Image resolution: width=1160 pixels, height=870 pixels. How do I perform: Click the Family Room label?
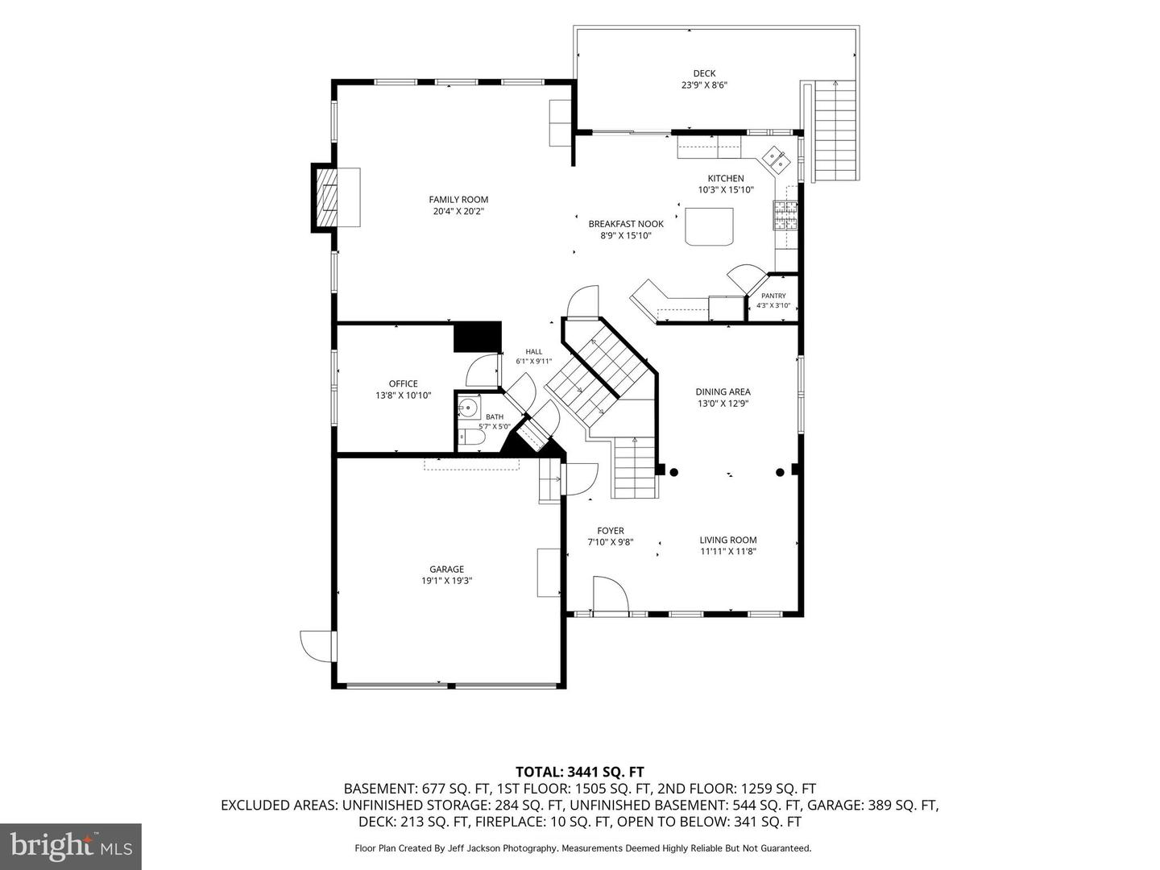[x=458, y=199]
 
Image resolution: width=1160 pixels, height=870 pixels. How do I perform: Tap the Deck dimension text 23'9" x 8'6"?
[x=704, y=85]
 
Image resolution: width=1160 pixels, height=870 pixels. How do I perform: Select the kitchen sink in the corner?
[x=775, y=159]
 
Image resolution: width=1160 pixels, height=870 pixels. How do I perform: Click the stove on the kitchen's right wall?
[x=785, y=215]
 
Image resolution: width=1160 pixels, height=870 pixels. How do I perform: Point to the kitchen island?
[x=709, y=226]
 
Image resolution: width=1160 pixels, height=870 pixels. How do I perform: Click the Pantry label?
[x=773, y=296]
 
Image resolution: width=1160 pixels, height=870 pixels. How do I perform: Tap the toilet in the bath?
[x=471, y=437]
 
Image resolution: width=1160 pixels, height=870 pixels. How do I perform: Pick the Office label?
[x=404, y=383]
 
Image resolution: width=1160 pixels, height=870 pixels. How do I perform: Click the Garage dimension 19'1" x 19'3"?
[x=446, y=581]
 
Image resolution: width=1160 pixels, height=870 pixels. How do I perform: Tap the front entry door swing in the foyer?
[x=610, y=596]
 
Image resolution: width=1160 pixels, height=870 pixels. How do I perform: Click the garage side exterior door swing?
[x=317, y=646]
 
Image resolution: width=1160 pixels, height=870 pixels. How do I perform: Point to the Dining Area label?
[x=723, y=391]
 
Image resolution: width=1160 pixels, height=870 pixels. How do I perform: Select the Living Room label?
[x=727, y=540]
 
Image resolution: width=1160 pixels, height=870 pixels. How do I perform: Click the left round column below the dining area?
[x=673, y=472]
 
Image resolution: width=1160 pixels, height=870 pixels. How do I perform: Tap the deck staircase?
[x=835, y=131]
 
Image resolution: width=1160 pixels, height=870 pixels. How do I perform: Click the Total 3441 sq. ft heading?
[x=580, y=772]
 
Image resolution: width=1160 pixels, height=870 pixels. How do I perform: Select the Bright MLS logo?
[x=71, y=846]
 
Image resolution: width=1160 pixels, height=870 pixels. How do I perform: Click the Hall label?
[x=534, y=351]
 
